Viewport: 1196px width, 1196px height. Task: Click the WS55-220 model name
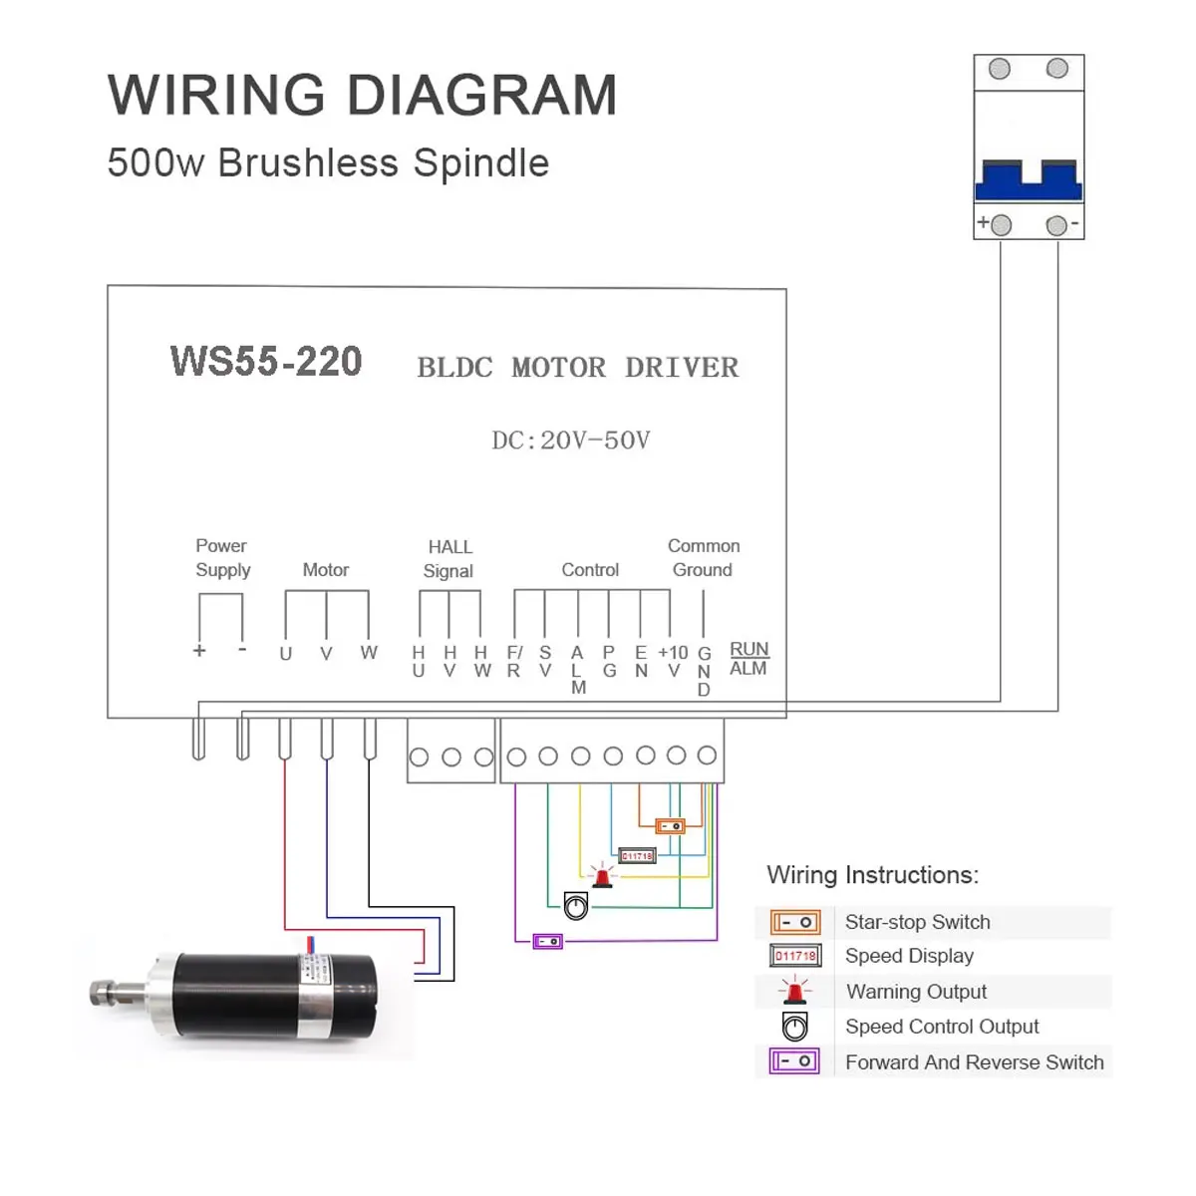click(266, 361)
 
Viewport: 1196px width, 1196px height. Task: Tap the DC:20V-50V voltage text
click(570, 441)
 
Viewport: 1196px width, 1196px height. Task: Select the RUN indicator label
click(749, 649)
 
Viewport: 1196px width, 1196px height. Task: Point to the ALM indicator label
click(747, 668)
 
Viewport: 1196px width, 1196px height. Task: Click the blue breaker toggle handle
click(1029, 180)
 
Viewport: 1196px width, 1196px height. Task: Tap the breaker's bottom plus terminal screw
click(1001, 224)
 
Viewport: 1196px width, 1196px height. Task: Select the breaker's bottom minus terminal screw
click(1056, 225)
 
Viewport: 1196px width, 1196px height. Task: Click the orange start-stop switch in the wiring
click(671, 826)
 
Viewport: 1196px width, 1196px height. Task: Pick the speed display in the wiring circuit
click(637, 856)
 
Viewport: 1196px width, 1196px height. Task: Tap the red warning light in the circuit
click(602, 876)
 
